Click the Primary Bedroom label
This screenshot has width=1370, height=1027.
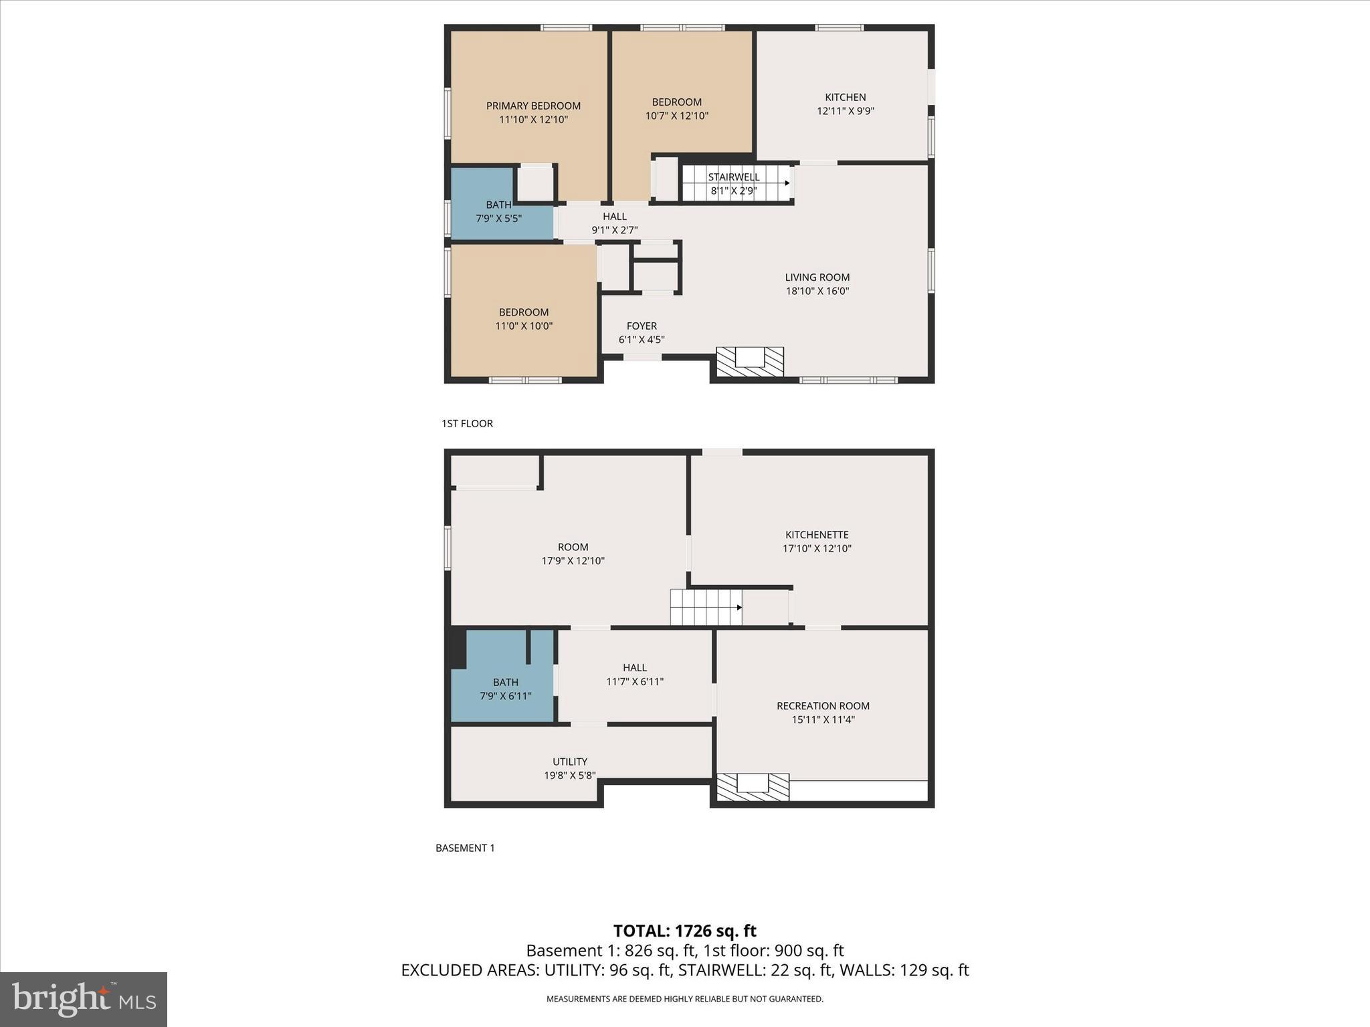(x=533, y=106)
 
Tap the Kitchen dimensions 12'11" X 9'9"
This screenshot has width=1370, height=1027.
(x=845, y=111)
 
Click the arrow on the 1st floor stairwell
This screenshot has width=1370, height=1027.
(x=787, y=183)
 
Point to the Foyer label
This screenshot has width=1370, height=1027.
(x=642, y=326)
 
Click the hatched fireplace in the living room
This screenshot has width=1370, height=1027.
(x=750, y=362)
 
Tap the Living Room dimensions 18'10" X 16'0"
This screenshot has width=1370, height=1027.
(x=817, y=291)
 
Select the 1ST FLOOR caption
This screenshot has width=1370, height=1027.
(x=467, y=423)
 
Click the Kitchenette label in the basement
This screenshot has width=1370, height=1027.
(x=817, y=534)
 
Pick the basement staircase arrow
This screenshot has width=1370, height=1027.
(x=739, y=607)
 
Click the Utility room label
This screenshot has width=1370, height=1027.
(x=570, y=762)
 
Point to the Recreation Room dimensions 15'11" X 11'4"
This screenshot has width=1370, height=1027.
(x=823, y=719)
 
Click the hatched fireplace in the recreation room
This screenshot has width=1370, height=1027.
(x=753, y=787)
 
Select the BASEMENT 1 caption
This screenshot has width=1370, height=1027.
(x=465, y=848)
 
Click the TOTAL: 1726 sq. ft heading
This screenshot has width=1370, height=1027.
(x=684, y=931)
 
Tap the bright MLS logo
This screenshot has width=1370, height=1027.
(x=84, y=999)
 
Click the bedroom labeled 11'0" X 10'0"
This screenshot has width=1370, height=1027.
(x=524, y=319)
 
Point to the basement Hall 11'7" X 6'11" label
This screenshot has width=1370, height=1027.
(x=635, y=674)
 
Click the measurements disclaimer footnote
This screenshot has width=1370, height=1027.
(x=684, y=999)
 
